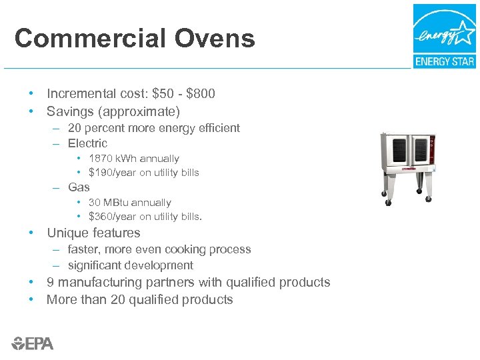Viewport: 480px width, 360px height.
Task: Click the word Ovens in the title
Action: click(215, 39)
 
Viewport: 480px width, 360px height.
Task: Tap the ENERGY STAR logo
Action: click(444, 36)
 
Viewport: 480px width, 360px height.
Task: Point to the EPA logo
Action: click(33, 343)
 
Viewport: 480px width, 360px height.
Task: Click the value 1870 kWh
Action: click(113, 159)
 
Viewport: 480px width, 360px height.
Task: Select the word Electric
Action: click(87, 143)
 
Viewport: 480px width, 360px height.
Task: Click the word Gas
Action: click(79, 187)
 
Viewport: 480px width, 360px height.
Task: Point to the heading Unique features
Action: click(93, 233)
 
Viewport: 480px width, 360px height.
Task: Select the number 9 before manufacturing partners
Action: click(50, 283)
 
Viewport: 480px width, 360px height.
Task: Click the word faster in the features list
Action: click(83, 250)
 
